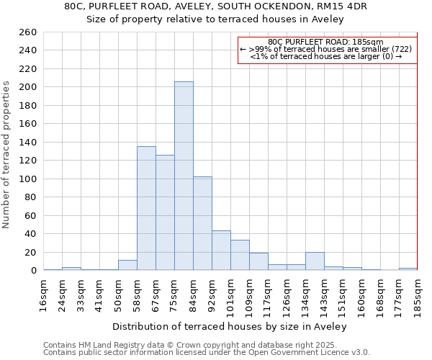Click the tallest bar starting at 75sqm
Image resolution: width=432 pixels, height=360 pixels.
tap(184, 176)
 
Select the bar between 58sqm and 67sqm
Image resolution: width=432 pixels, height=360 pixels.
tap(146, 208)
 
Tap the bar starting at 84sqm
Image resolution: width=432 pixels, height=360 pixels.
tap(202, 223)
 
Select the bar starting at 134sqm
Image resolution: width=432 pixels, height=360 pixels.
tap(315, 261)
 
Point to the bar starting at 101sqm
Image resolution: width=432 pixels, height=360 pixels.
tap(240, 255)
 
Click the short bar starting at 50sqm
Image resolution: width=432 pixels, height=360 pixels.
tap(127, 265)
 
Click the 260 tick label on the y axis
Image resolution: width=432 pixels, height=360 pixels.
tap(28, 32)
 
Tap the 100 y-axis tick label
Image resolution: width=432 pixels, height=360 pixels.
tap(28, 179)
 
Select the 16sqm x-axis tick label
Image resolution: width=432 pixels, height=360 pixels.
tap(43, 293)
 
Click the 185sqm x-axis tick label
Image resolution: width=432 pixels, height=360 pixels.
tap(418, 294)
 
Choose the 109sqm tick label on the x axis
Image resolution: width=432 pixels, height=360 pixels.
tap(249, 294)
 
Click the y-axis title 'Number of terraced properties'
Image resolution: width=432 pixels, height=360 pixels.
tap(7, 154)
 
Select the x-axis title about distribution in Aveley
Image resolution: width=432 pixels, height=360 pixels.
tap(230, 326)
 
